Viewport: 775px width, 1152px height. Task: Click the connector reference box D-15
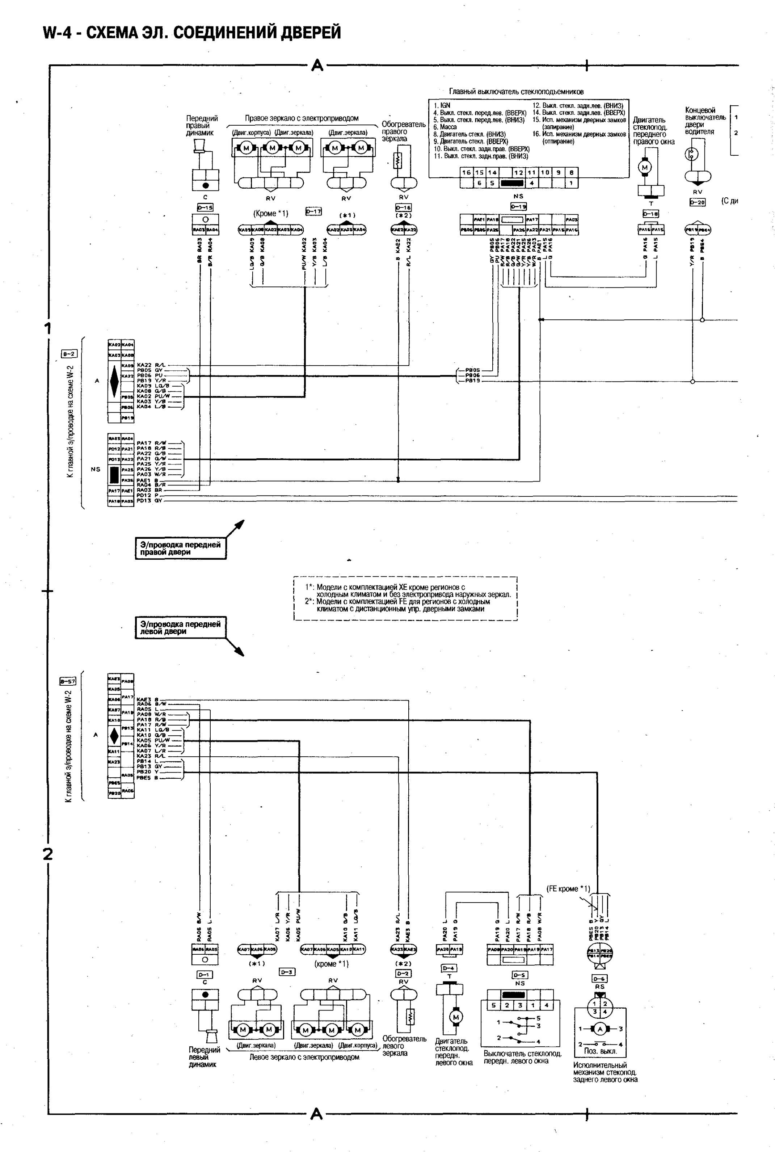(205, 207)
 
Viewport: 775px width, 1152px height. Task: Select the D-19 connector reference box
(518, 207)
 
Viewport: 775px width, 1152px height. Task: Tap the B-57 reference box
(68, 681)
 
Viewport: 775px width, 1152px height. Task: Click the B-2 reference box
(68, 353)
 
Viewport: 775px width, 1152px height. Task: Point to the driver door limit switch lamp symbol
(691, 155)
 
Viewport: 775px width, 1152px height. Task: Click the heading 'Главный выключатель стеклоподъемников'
(516, 92)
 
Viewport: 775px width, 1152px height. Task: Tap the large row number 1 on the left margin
(48, 328)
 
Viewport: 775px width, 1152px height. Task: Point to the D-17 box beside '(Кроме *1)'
(313, 211)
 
